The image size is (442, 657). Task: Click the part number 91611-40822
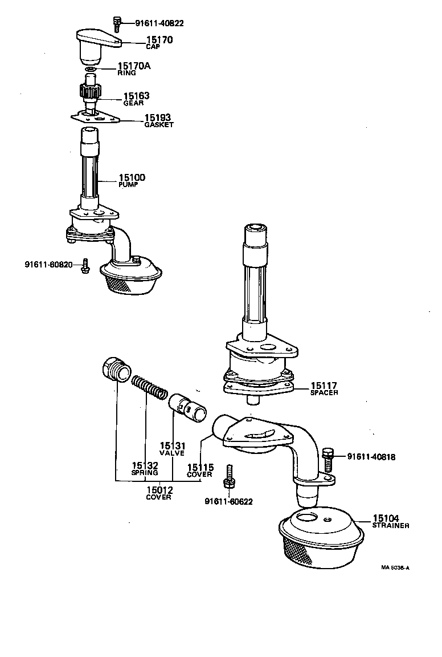click(x=159, y=23)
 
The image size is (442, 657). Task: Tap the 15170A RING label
click(x=134, y=69)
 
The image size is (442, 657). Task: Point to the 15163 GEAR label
click(x=136, y=99)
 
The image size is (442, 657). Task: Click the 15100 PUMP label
click(x=132, y=180)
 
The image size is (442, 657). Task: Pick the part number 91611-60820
click(x=48, y=264)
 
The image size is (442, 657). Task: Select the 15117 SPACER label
click(x=324, y=389)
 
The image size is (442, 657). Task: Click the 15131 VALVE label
click(x=171, y=448)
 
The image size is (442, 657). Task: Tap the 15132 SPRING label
click(x=144, y=468)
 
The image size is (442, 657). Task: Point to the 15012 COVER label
click(x=159, y=492)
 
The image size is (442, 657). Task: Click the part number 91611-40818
click(x=371, y=457)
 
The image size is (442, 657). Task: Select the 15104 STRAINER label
click(x=390, y=521)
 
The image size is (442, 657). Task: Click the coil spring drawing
click(x=150, y=388)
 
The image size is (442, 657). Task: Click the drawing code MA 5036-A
click(x=395, y=568)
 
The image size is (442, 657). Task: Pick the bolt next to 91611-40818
click(x=327, y=459)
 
